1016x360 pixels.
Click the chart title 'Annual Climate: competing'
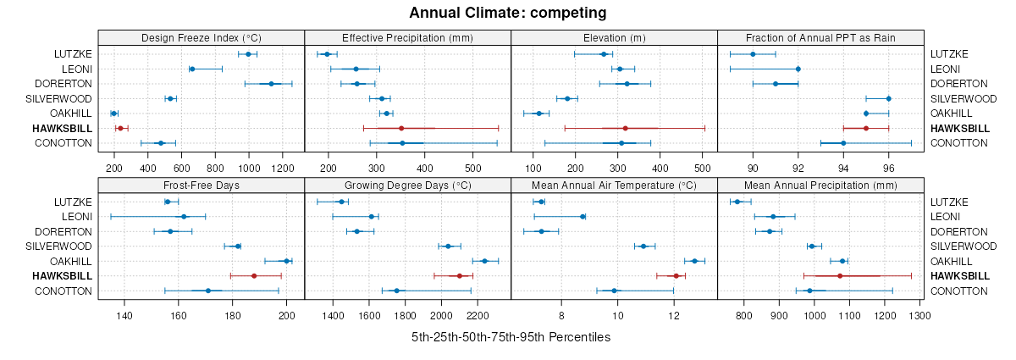click(x=507, y=13)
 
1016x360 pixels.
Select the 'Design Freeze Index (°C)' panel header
click(x=202, y=37)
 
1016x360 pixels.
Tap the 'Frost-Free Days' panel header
click(x=202, y=185)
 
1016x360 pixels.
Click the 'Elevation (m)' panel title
click(x=614, y=37)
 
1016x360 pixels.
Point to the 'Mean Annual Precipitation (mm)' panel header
click(x=820, y=185)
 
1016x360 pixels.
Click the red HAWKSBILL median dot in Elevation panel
click(x=625, y=128)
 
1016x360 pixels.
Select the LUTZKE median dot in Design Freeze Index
click(x=248, y=54)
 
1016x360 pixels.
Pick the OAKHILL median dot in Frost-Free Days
click(x=286, y=261)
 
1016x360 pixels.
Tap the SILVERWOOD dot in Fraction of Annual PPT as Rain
click(x=888, y=98)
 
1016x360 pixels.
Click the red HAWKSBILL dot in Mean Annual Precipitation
click(x=840, y=276)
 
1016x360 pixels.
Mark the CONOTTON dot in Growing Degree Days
click(x=396, y=291)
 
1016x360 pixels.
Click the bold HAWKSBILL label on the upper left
click(x=62, y=128)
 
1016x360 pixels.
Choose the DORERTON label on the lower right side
click(x=956, y=231)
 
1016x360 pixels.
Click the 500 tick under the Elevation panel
click(x=702, y=157)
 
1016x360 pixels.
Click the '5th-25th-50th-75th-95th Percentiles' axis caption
click(x=511, y=337)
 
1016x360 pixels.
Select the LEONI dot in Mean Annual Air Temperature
click(x=583, y=217)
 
